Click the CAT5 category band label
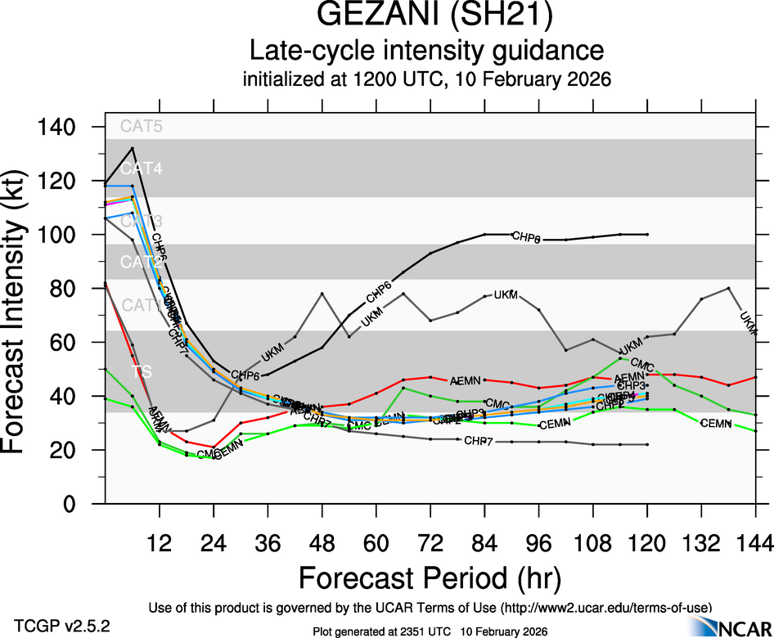click(x=141, y=127)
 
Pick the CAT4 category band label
click(x=141, y=169)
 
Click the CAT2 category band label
click(x=141, y=263)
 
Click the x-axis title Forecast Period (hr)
click(x=430, y=577)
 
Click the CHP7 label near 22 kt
click(x=478, y=442)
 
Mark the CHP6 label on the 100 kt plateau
click(x=526, y=237)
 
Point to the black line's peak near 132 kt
click(x=133, y=148)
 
